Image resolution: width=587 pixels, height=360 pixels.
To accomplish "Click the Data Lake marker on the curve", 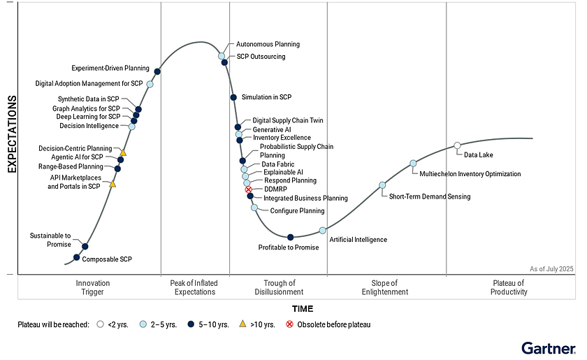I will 457,145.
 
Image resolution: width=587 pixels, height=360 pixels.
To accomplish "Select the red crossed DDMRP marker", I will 248,189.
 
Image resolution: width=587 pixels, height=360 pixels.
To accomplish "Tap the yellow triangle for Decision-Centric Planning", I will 123,152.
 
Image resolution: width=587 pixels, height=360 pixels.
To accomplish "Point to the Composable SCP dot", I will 77,257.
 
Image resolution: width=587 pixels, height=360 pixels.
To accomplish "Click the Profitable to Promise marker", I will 291,238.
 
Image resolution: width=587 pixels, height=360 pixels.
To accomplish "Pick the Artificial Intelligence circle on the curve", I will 322,231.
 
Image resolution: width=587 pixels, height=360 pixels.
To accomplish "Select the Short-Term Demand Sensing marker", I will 382,185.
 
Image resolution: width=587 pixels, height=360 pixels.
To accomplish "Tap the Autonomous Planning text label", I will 268,44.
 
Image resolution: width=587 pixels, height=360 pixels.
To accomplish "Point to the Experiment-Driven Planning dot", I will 157,71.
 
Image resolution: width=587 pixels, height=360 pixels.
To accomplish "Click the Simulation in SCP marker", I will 233,97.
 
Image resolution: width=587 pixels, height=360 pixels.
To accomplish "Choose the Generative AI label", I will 272,129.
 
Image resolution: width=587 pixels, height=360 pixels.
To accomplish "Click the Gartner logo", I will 549,347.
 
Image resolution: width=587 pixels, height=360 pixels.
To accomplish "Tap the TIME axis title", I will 303,309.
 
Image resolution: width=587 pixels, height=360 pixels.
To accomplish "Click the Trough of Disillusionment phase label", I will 279,287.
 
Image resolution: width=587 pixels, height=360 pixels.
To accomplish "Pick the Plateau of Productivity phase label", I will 509,287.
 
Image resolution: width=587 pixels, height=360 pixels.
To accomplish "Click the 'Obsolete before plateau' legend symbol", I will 290,324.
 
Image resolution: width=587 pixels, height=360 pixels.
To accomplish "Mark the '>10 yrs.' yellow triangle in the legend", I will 242,324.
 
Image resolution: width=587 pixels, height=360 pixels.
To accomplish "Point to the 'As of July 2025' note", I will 552,268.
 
